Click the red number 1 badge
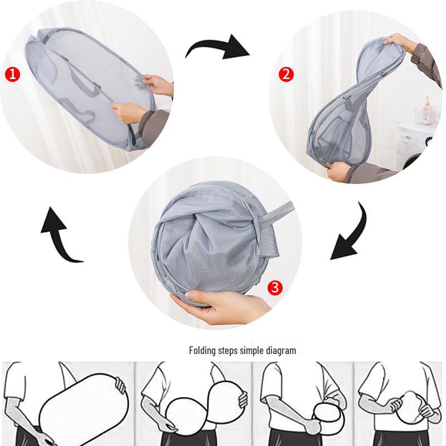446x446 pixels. coord(12,72)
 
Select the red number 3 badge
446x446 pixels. coord(275,288)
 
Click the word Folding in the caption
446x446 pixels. coord(201,351)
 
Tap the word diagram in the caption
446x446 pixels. coord(282,351)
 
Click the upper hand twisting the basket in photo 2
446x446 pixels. coord(401,42)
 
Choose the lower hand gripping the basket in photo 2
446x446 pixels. coord(338,169)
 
